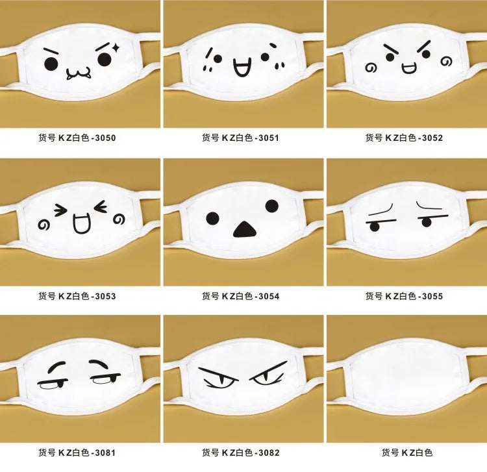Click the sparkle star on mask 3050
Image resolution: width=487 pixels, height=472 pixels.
click(116, 47)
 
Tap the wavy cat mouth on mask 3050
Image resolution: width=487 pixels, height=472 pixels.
click(79, 73)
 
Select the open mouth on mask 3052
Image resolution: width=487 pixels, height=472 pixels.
click(408, 68)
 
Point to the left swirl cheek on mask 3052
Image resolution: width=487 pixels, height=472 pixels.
click(371, 68)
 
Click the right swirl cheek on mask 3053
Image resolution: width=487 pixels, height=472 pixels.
click(119, 219)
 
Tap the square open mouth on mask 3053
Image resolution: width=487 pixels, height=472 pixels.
click(82, 223)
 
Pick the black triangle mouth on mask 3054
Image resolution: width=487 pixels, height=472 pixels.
click(245, 229)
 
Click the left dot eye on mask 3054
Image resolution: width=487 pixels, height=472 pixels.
click(213, 219)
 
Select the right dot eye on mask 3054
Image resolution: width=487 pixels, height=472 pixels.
click(272, 206)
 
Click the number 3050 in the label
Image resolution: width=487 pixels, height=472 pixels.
click(105, 138)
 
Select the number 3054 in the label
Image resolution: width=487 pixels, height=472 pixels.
click(269, 296)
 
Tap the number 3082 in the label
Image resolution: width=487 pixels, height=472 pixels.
click(269, 453)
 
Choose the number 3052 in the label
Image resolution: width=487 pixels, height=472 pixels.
click(432, 138)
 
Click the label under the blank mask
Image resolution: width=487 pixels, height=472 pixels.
click(407, 453)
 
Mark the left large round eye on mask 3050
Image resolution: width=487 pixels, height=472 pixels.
click(51, 64)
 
